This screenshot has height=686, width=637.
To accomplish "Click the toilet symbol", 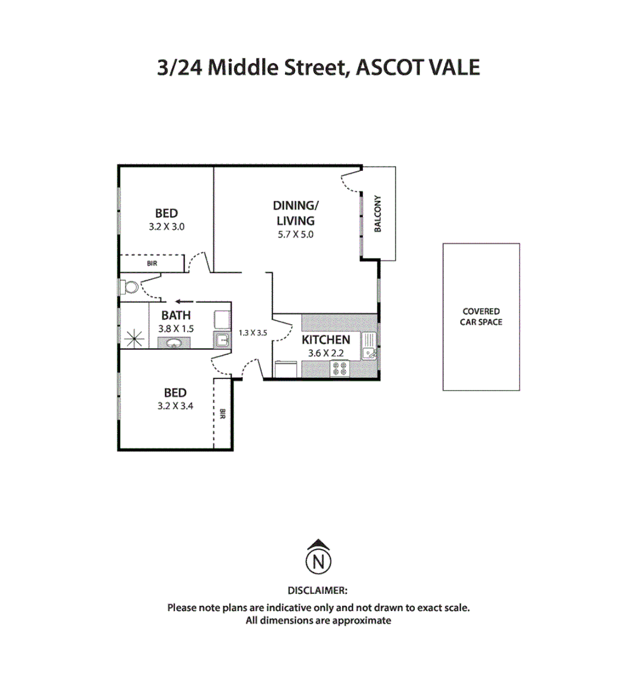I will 130,287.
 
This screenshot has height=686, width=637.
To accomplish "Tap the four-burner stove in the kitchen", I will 339,368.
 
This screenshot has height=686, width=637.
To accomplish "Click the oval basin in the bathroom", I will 173,344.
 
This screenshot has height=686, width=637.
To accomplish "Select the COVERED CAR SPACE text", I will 481,317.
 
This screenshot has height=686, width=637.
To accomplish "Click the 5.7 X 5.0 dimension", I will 294,234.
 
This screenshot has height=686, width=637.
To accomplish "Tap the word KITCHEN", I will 325,340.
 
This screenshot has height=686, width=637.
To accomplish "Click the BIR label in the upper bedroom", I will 152,263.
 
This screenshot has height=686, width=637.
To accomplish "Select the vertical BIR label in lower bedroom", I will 223,414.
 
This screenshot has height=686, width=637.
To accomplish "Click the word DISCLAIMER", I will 318,590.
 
